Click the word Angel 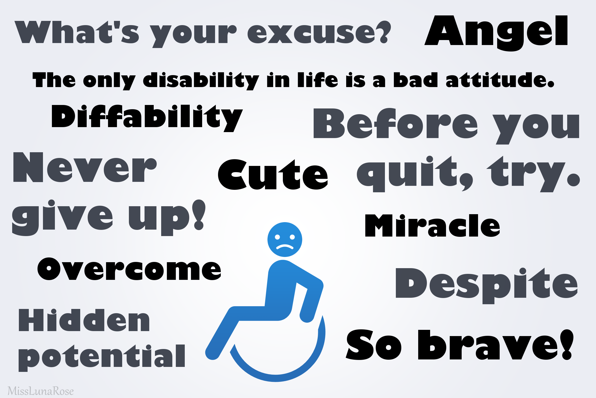click(x=496, y=33)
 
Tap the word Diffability click(x=147, y=118)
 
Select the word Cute click(x=273, y=175)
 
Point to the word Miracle click(x=433, y=226)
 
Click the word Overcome click(x=129, y=269)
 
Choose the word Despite click(x=486, y=286)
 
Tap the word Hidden click(x=84, y=320)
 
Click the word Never click(x=85, y=167)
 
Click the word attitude click(x=500, y=80)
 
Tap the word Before click(x=396, y=123)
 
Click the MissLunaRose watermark click(x=40, y=391)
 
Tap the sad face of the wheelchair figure click(x=285, y=240)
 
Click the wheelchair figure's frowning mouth click(x=285, y=247)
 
